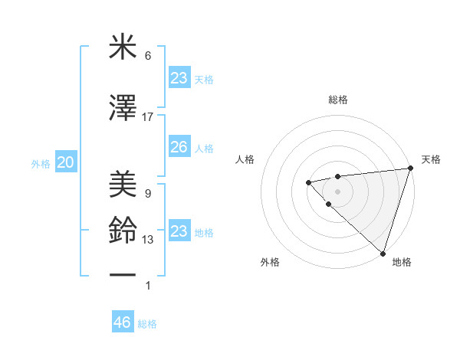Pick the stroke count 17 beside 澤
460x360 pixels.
click(148, 117)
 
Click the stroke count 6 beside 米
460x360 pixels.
click(148, 57)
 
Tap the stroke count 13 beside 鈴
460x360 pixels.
click(148, 241)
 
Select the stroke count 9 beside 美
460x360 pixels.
click(148, 193)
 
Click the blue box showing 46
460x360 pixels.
click(123, 322)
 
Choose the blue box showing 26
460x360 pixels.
click(179, 147)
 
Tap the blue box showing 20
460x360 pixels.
click(66, 162)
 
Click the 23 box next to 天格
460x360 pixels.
click(179, 78)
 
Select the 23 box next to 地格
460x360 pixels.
click(179, 231)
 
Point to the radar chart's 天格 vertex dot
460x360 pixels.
click(410, 169)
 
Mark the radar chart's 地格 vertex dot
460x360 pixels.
click(383, 253)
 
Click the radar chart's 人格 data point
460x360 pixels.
click(308, 182)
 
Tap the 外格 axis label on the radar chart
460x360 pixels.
click(270, 262)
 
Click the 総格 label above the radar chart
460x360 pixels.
click(337, 100)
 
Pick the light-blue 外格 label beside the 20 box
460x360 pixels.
click(41, 164)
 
